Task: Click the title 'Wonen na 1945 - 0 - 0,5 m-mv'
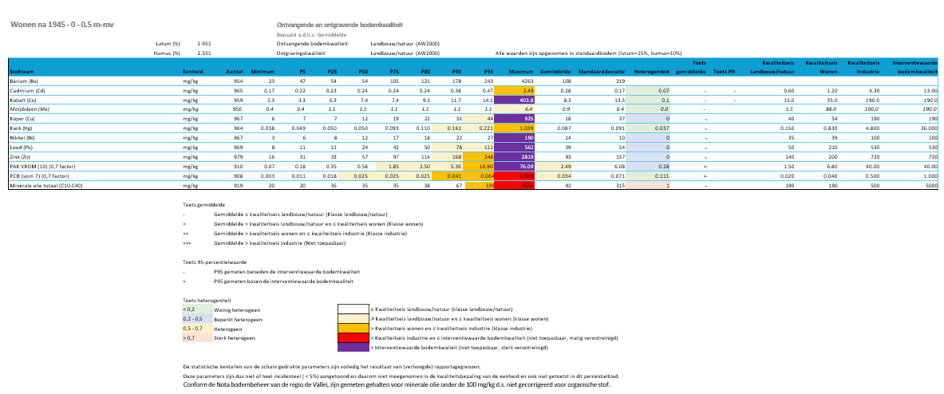click(x=61, y=26)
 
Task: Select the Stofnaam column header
click(x=22, y=72)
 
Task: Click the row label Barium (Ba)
click(x=25, y=81)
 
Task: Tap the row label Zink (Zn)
click(x=21, y=135)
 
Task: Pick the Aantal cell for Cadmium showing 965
click(x=237, y=91)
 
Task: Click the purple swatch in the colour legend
click(x=351, y=348)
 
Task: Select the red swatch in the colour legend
click(x=351, y=338)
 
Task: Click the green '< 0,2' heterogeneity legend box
click(x=195, y=309)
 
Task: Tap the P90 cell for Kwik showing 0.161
click(x=455, y=127)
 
